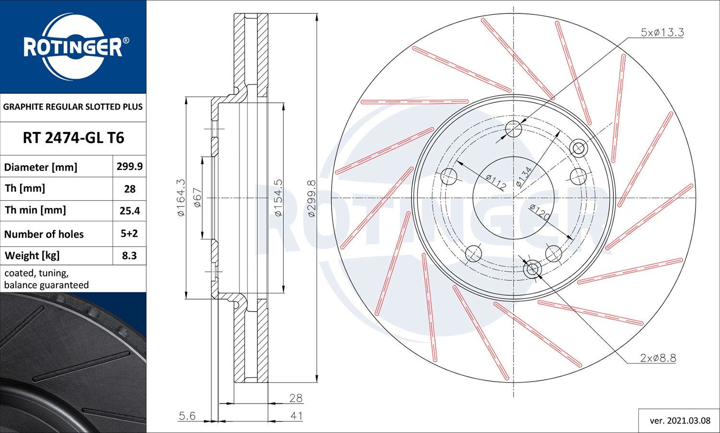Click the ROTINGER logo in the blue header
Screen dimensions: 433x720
point(73,47)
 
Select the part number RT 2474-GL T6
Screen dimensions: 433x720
point(73,138)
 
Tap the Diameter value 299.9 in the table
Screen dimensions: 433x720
point(130,167)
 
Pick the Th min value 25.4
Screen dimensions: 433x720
point(130,211)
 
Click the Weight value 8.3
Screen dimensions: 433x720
point(130,256)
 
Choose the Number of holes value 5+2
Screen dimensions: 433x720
point(130,234)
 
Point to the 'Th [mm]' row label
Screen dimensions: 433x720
point(25,189)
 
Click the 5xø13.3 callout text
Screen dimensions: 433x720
point(662,33)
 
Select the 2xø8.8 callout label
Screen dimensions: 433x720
point(658,358)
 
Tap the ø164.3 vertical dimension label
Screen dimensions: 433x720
point(181,197)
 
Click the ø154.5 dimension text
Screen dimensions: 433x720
point(278,197)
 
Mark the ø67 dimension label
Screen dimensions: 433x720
point(197,197)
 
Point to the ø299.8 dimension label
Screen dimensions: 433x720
point(312,198)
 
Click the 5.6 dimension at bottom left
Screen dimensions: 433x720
point(187,416)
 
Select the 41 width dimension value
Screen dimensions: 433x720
point(296,416)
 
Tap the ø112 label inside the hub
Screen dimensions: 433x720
point(496,182)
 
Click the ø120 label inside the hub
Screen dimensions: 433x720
point(540,212)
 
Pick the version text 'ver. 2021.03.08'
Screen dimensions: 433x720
point(680,421)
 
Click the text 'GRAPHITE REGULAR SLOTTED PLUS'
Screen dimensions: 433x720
point(73,107)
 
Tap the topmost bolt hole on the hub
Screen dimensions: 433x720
point(514,128)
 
